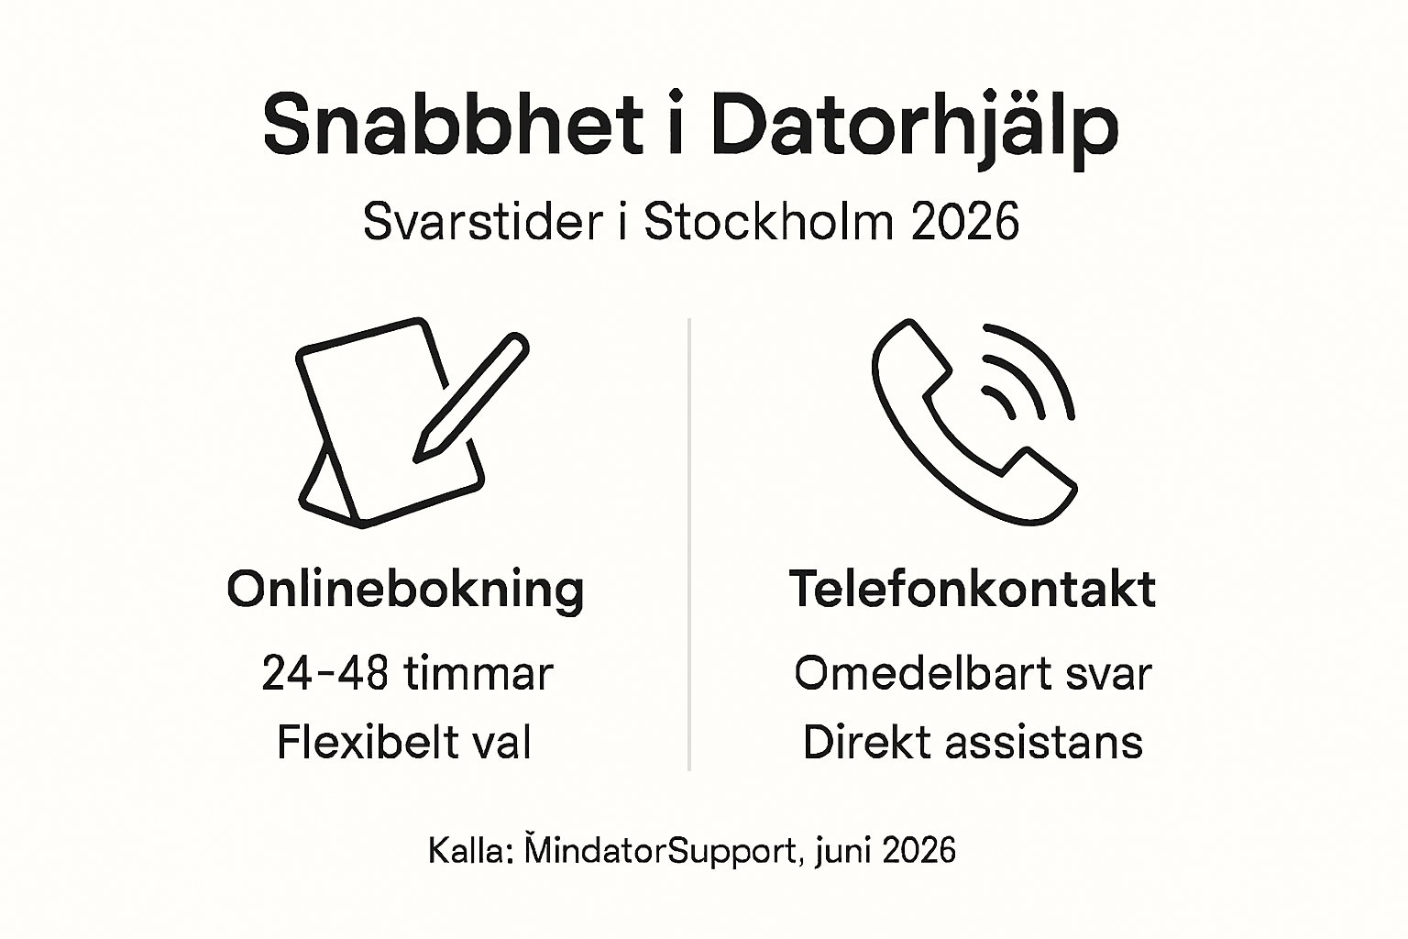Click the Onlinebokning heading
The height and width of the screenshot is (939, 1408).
tap(405, 589)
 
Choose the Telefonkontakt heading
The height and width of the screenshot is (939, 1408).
tap(972, 589)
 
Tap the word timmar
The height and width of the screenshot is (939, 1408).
tap(478, 673)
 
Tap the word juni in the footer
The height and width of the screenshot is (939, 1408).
tap(842, 851)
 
